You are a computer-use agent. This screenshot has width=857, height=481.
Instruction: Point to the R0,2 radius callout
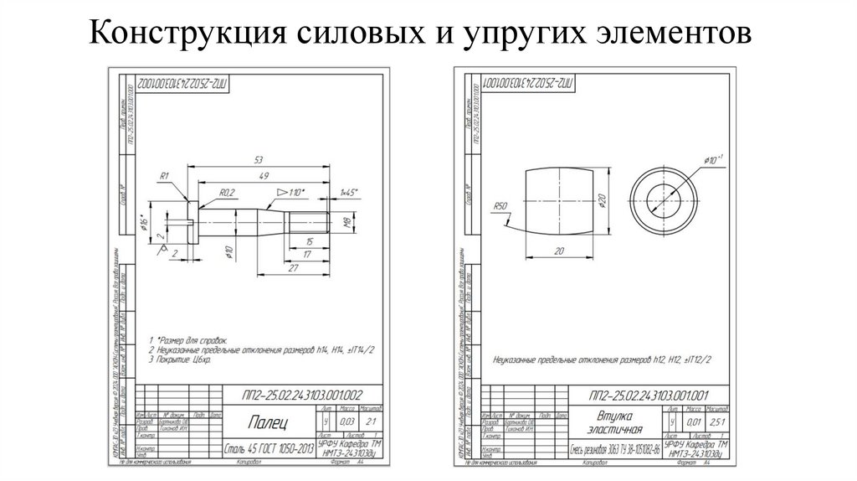coord(227,193)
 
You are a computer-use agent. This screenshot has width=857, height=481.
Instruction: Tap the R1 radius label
coord(164,175)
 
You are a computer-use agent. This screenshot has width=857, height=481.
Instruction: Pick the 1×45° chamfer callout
coord(348,193)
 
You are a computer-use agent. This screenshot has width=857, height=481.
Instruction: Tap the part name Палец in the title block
coord(271,420)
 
